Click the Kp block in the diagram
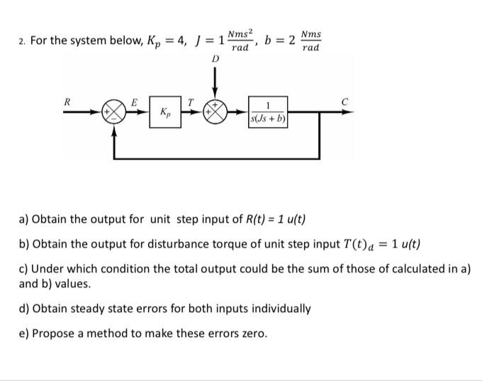(x=164, y=113)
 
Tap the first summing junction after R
(x=113, y=113)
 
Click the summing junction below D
(x=215, y=113)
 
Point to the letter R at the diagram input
(x=67, y=101)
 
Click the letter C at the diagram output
(x=344, y=101)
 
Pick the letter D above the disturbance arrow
(x=215, y=60)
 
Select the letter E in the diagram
(x=133, y=101)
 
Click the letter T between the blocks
(x=190, y=101)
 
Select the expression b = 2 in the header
(x=280, y=40)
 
